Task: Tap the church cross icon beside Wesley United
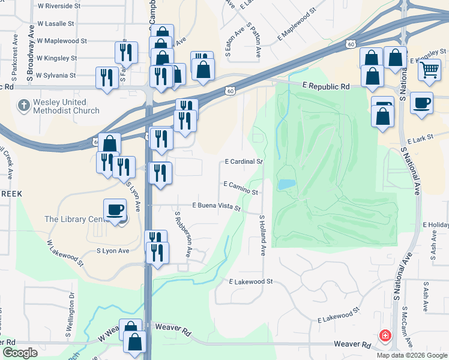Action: click(x=24, y=106)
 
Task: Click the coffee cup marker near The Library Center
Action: click(x=115, y=210)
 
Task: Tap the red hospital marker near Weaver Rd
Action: click(x=384, y=336)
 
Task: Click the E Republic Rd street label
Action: click(x=325, y=86)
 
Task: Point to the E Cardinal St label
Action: click(x=244, y=162)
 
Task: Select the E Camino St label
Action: click(x=240, y=188)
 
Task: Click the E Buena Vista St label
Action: click(x=216, y=206)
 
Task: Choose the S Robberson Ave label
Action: click(x=183, y=234)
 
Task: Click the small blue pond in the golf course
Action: click(x=286, y=184)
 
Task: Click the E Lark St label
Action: click(x=420, y=139)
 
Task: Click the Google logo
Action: click(x=20, y=353)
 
